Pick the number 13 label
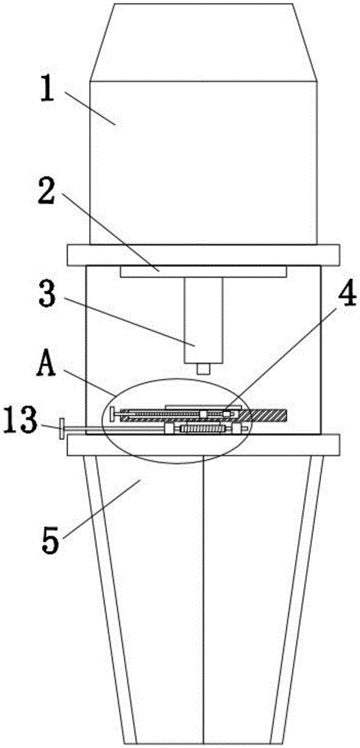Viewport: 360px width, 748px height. (20, 419)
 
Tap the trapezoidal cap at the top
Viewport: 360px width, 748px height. (204, 43)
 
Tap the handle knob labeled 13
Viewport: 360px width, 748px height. (63, 429)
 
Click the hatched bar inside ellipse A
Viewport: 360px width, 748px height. (260, 415)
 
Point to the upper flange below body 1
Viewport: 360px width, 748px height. (204, 255)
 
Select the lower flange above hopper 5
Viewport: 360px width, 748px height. (204, 444)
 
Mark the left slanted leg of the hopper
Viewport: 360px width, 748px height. (110, 598)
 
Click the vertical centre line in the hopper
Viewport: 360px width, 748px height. (204, 599)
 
